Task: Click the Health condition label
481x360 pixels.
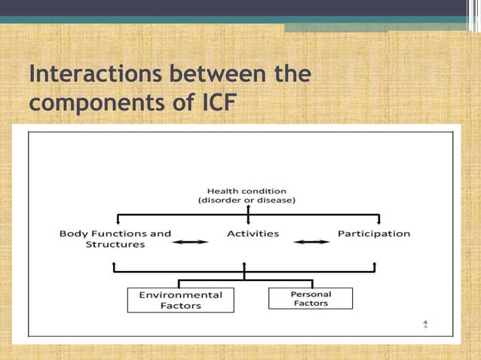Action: pyautogui.click(x=247, y=191)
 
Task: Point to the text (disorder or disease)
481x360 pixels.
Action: pyautogui.click(x=247, y=200)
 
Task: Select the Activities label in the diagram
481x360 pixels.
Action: pyautogui.click(x=253, y=233)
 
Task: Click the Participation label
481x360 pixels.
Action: pyautogui.click(x=373, y=233)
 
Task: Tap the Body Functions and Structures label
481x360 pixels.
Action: pyautogui.click(x=115, y=239)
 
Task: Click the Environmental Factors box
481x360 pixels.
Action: pyautogui.click(x=180, y=300)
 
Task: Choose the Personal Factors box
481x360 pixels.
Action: pyautogui.click(x=310, y=298)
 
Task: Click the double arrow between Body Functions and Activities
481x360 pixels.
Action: pyautogui.click(x=191, y=242)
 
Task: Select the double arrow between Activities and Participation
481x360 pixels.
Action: pyautogui.click(x=311, y=242)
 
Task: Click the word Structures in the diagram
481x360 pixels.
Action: pyautogui.click(x=114, y=245)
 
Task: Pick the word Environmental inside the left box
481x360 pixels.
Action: pyautogui.click(x=180, y=294)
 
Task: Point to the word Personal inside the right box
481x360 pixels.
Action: pyautogui.click(x=311, y=294)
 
